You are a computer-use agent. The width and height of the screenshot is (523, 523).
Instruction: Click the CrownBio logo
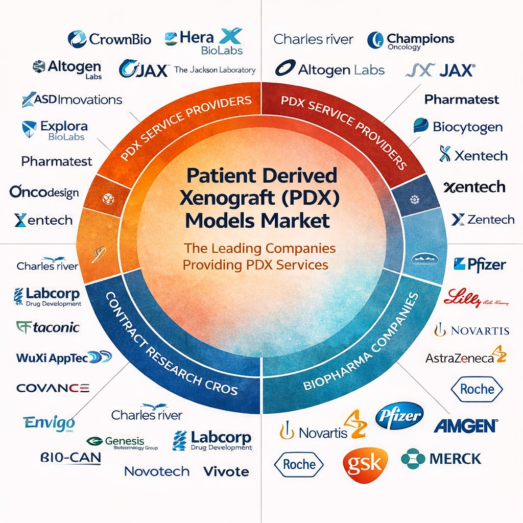109,39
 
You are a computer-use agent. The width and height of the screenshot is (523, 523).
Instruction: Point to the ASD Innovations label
72,100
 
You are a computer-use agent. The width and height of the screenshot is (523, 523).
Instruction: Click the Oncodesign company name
44,192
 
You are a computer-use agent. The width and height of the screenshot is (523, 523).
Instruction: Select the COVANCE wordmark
53,388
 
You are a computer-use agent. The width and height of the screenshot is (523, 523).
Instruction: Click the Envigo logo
49,423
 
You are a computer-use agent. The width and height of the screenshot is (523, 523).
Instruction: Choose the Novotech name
157,471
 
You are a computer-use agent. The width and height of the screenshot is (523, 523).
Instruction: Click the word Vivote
226,471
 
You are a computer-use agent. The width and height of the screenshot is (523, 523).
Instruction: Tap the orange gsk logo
365,464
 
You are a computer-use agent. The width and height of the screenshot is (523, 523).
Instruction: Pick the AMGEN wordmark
465,425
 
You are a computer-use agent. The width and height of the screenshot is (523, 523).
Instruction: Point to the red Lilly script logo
476,298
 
